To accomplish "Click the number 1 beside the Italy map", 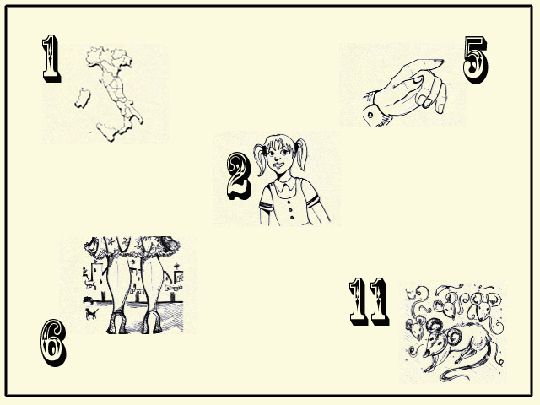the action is click(51, 58).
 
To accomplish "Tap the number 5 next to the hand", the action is click(475, 60).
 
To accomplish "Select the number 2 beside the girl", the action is click(239, 176).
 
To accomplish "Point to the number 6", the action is click(53, 343).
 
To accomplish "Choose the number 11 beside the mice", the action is click(370, 301).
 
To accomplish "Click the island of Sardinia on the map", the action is click(83, 98).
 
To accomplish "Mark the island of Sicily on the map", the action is click(107, 132).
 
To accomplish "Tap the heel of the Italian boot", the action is click(138, 116).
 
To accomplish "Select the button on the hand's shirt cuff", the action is click(370, 115).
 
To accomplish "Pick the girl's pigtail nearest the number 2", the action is click(261, 159).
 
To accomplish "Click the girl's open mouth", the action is click(279, 165).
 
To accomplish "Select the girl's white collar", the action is click(285, 186).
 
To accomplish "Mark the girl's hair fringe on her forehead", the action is click(278, 142).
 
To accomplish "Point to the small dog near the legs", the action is click(91, 314).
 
